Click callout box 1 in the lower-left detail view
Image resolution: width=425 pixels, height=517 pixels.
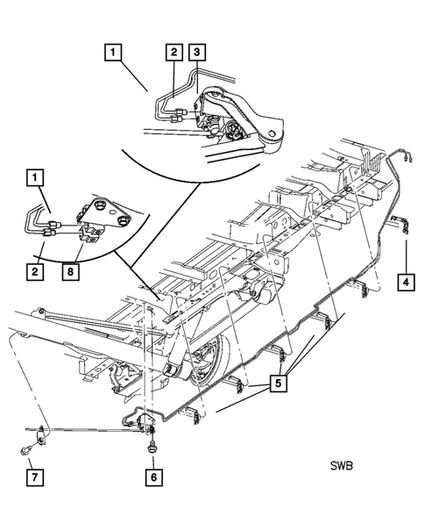tap(33, 179)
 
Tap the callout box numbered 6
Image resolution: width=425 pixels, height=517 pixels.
tap(153, 477)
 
